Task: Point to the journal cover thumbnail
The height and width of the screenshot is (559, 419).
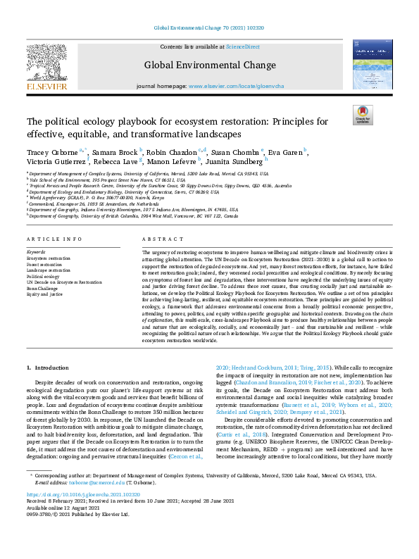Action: [x=372, y=65]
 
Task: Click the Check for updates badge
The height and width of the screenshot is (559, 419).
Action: [x=363, y=115]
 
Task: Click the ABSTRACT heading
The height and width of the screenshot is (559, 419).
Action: [x=158, y=240]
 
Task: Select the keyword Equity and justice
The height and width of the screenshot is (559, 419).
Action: [x=44, y=294]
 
